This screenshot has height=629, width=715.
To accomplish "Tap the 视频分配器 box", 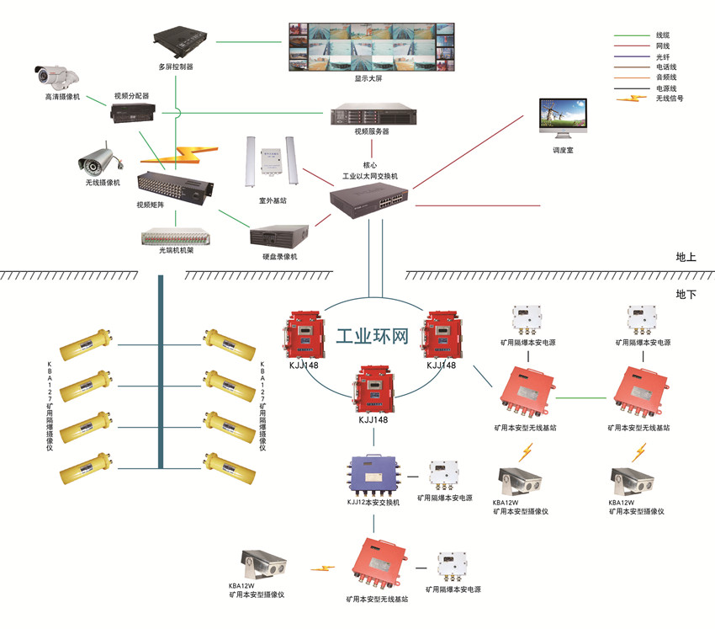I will coord(131,113).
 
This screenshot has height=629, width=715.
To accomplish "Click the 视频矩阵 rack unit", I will coord(175,187).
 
